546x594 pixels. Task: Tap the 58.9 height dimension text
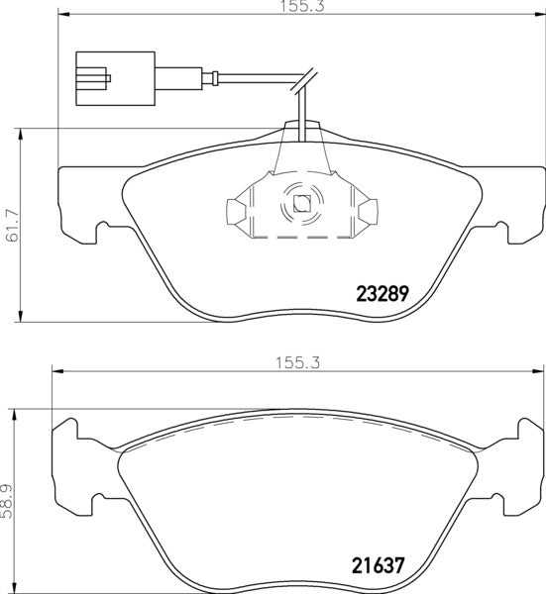click(10, 501)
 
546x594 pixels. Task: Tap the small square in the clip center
click(300, 207)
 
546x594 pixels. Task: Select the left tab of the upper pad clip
click(235, 211)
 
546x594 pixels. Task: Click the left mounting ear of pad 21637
click(65, 436)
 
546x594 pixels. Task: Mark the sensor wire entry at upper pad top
click(303, 124)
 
